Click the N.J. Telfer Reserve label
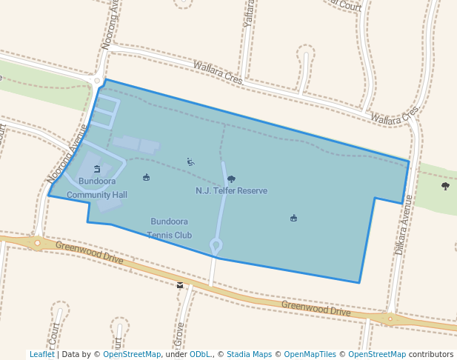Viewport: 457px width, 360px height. [x=231, y=191]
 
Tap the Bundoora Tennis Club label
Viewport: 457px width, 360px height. [x=169, y=228]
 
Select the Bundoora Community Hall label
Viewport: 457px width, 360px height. [x=97, y=187]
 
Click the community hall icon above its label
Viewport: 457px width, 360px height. [x=97, y=169]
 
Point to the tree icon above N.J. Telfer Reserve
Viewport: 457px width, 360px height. [x=231, y=179]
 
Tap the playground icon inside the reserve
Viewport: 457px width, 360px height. [x=190, y=162]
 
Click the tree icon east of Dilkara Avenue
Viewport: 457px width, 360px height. [x=445, y=186]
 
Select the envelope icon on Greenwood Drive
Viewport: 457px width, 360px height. [x=180, y=284]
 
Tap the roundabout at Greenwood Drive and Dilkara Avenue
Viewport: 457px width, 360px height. [x=389, y=319]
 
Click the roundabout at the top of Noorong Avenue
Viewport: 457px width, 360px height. [x=96, y=80]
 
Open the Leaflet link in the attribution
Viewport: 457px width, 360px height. [x=41, y=354]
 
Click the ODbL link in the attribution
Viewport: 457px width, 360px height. [x=199, y=354]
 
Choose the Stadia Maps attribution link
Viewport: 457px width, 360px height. [x=249, y=354]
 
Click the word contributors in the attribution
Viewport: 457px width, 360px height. [x=430, y=354]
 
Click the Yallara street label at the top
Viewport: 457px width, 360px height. [x=249, y=13]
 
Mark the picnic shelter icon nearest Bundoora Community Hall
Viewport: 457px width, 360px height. [x=146, y=177]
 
